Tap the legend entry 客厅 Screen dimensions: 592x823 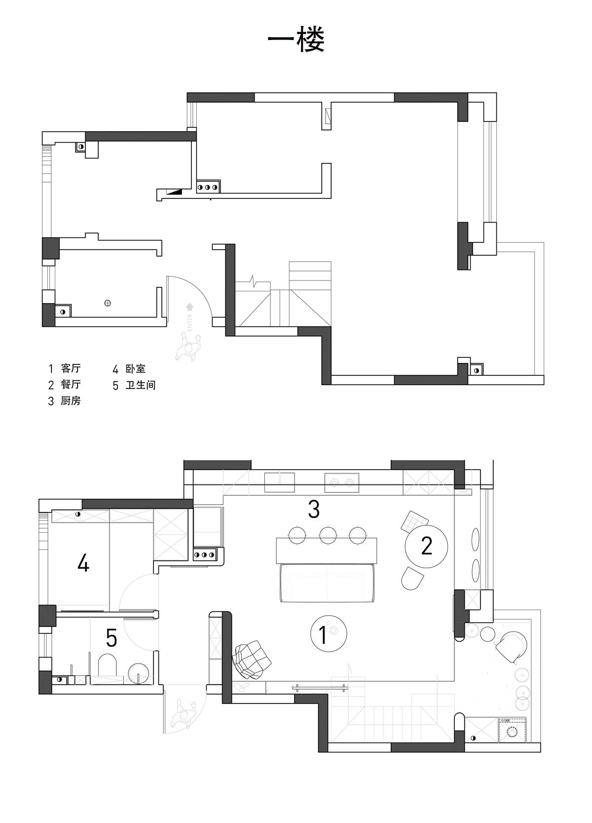click(x=71, y=368)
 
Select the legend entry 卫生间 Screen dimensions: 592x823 click(x=141, y=385)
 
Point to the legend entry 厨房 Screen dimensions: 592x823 click(x=71, y=400)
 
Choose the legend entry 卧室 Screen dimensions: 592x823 click(x=136, y=368)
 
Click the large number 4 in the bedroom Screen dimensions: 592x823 click(x=83, y=563)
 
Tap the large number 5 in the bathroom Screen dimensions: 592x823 click(x=111, y=638)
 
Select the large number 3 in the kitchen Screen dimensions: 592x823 click(x=314, y=509)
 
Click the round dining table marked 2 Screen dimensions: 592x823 click(x=426, y=547)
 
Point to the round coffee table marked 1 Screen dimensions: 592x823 click(x=329, y=633)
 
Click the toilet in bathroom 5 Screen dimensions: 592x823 click(x=108, y=666)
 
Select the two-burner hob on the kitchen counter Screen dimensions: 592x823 click(x=341, y=483)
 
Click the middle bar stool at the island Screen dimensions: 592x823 click(x=328, y=535)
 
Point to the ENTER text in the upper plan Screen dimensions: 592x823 click(x=190, y=322)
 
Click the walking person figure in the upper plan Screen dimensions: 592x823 click(x=188, y=347)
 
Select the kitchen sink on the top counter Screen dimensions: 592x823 click(x=280, y=482)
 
